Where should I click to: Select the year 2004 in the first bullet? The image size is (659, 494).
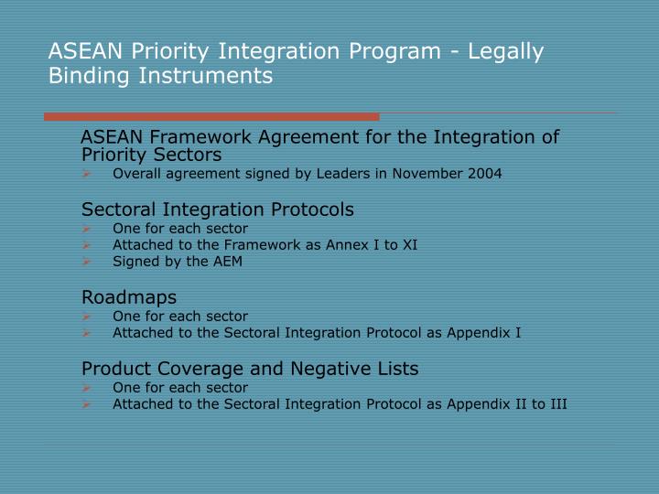484,173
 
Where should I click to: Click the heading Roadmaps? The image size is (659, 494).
129,297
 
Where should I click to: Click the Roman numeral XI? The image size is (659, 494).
409,244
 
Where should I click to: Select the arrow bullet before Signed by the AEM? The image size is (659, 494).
86,261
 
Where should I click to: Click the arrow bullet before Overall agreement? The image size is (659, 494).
86,173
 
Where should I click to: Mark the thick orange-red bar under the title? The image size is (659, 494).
211,116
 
